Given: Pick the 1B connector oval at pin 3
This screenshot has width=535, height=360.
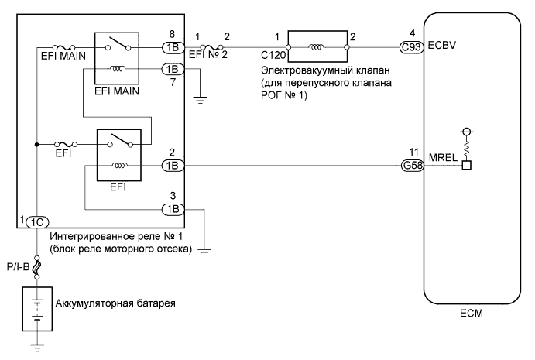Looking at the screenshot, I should [x=170, y=209].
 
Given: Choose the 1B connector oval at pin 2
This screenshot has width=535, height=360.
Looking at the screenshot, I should [x=170, y=165].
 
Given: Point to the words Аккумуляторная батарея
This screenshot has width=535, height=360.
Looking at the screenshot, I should [x=115, y=303].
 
